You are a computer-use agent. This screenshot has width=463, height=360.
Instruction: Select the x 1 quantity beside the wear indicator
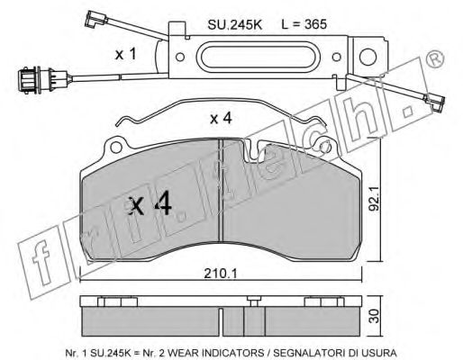[126, 55]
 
